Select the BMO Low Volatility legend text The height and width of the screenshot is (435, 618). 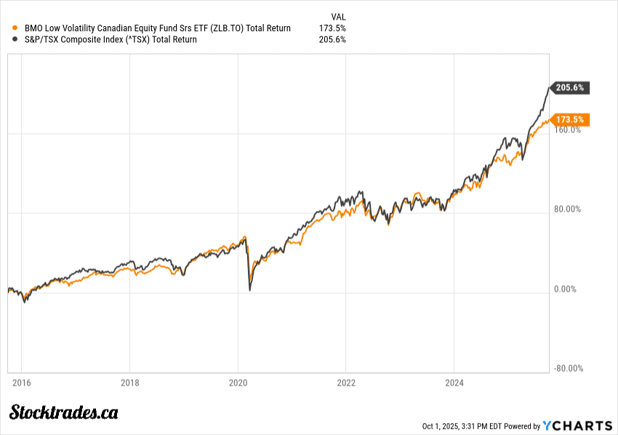pyautogui.click(x=157, y=28)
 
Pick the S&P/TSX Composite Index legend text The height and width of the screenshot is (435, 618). pyautogui.click(x=111, y=40)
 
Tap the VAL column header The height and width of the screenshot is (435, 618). pyautogui.click(x=338, y=16)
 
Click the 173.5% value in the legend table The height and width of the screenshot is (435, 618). pyautogui.click(x=332, y=28)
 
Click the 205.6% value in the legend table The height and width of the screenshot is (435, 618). pyautogui.click(x=332, y=40)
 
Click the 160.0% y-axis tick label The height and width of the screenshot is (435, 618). pyautogui.click(x=568, y=130)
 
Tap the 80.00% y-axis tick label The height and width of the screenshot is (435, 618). pyautogui.click(x=568, y=209)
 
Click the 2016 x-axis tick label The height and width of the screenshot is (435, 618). pyautogui.click(x=21, y=382)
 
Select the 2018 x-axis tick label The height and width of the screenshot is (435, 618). pyautogui.click(x=129, y=382)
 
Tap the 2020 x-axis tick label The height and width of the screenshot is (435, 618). pyautogui.click(x=238, y=382)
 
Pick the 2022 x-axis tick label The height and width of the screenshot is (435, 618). pyautogui.click(x=346, y=382)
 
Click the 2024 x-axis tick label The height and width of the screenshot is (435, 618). pyautogui.click(x=454, y=382)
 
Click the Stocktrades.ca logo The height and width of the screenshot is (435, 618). pyautogui.click(x=63, y=412)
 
